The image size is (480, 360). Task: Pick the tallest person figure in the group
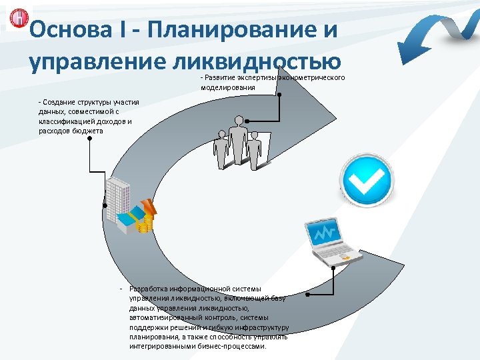[237, 139]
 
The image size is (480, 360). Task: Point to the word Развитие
[217, 79]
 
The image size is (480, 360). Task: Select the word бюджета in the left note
[89, 131]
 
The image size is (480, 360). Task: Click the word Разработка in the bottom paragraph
[151, 289]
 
